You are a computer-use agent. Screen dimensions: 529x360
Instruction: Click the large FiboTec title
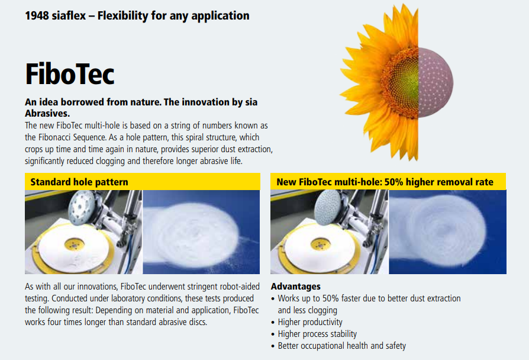pos(70,73)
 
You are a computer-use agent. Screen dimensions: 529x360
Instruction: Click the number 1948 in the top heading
pos(37,15)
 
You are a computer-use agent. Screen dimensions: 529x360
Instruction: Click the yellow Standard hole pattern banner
pos(143,182)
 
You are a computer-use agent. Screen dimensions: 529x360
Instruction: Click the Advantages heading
pos(295,287)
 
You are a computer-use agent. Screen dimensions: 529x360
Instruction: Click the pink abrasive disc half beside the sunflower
pos(434,83)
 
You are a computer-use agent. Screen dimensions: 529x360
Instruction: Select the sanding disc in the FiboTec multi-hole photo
pos(328,207)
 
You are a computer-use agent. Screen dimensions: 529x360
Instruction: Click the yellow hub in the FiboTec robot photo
pos(320,244)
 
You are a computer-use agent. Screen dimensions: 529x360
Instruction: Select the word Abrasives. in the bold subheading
pos(47,113)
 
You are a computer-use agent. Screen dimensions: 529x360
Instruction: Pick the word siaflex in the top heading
pos(69,15)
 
